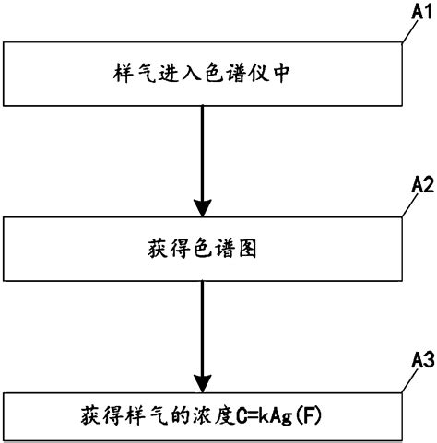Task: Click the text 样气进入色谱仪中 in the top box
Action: (201, 75)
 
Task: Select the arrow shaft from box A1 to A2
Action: (201, 147)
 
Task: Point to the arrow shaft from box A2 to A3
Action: (201, 322)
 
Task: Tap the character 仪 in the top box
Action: (260, 75)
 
